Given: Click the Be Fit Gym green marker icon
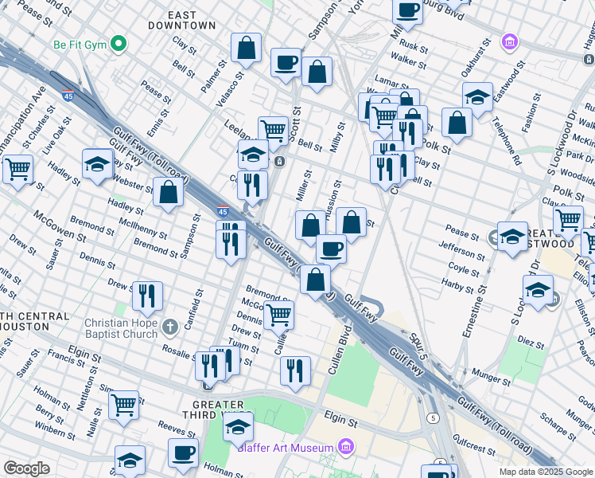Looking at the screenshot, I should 119,42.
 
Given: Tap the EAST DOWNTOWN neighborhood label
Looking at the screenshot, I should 182,20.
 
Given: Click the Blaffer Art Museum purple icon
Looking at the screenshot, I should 345,447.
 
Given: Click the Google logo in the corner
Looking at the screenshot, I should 27,468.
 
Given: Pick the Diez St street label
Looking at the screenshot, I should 531,338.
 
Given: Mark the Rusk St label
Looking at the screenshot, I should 414,45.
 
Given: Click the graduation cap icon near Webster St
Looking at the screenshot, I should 97,164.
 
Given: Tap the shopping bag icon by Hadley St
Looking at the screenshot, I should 169,192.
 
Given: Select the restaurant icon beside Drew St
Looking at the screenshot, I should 147,296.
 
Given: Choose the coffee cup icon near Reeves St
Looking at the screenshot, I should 183,453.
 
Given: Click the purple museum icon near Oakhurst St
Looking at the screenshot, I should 509,41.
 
